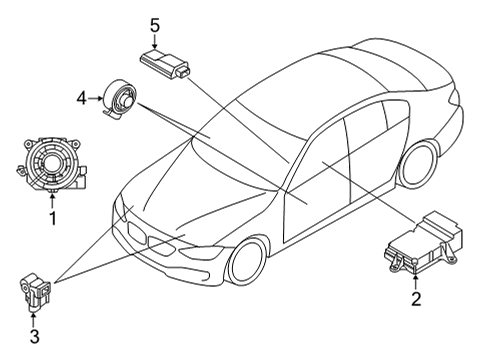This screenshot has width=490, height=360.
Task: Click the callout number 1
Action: click(x=53, y=216)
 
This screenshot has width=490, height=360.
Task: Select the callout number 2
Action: click(x=415, y=297)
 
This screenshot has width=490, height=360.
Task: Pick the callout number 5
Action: click(x=155, y=25)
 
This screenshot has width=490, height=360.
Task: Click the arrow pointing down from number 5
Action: click(x=155, y=43)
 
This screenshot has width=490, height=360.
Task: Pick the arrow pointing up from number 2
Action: click(x=415, y=277)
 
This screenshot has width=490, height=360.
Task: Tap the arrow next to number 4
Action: click(x=97, y=98)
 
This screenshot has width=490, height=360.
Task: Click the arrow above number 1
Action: click(x=53, y=197)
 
